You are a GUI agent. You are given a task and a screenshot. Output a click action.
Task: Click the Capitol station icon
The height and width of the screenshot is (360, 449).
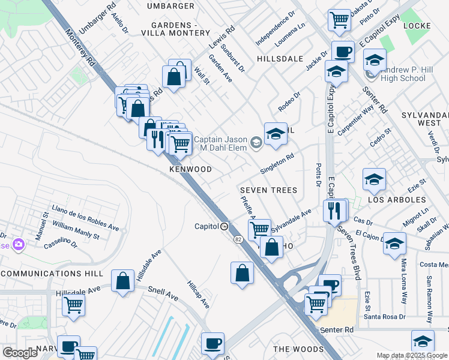click(224, 227)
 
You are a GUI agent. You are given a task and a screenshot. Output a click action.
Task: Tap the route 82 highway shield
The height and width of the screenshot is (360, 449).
click(238, 240)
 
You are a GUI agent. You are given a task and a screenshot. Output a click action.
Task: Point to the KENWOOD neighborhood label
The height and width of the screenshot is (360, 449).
click(190, 170)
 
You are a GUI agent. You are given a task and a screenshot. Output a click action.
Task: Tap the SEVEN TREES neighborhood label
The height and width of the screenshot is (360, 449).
click(268, 190)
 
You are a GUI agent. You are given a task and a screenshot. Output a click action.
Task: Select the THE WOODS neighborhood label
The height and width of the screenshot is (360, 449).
click(298, 349)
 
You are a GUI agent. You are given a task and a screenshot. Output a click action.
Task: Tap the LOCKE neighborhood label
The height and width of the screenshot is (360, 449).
click(417, 26)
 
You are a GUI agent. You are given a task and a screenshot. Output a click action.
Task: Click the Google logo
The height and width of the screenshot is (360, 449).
click(20, 353)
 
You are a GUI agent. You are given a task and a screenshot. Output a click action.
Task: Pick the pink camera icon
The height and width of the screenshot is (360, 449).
click(19, 244)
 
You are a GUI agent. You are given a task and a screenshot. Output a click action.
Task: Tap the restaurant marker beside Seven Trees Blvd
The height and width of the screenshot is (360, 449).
click(334, 211)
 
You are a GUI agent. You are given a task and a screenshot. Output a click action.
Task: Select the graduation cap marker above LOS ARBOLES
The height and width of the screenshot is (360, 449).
click(373, 178)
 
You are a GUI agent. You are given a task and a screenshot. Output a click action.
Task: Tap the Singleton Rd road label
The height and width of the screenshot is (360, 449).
click(277, 163)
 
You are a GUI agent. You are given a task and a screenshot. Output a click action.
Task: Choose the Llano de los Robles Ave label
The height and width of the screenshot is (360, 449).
click(86, 217)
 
